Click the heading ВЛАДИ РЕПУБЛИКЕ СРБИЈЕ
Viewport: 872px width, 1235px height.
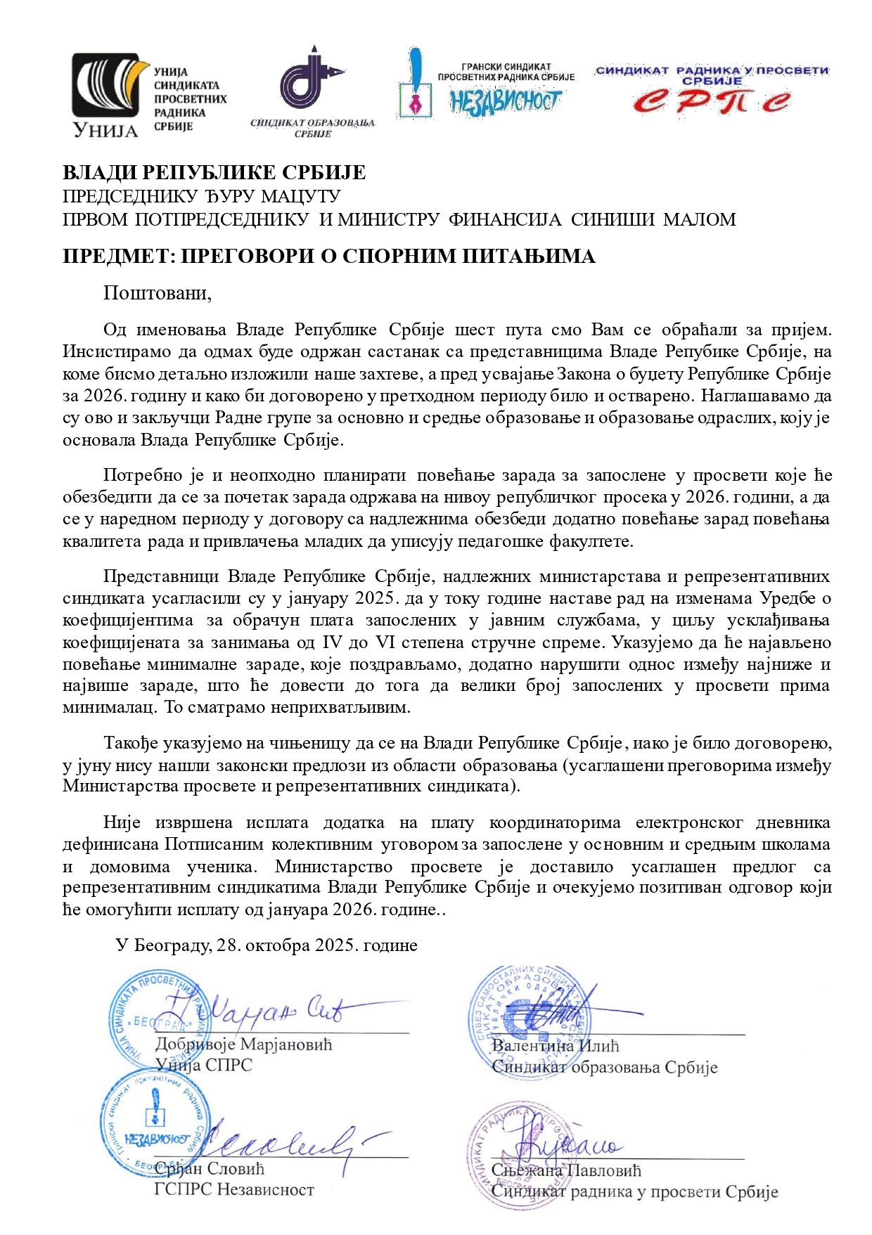click(x=214, y=173)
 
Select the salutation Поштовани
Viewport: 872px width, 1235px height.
click(x=157, y=292)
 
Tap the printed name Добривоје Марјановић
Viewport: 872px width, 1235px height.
click(x=243, y=1044)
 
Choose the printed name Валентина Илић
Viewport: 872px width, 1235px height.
click(x=555, y=1045)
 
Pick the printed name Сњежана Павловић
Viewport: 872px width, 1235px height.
click(x=566, y=1170)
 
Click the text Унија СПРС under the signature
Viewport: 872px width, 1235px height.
click(x=203, y=1065)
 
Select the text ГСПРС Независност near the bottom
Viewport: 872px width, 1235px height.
click(x=234, y=1189)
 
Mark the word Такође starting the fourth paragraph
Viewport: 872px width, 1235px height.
click(x=132, y=743)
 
